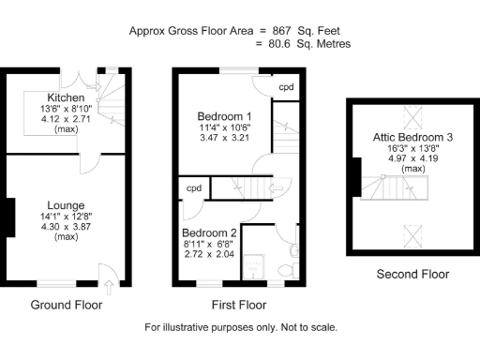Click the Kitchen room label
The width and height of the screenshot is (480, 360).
tap(67, 97)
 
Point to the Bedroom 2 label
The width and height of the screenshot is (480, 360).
tap(210, 232)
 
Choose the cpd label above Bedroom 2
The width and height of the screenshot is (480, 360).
tap(194, 187)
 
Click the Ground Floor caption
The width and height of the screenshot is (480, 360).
tap(67, 305)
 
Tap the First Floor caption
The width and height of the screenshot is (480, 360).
tap(235, 305)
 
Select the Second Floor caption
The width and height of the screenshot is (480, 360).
tap(412, 275)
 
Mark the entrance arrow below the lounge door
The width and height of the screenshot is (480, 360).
tap(112, 287)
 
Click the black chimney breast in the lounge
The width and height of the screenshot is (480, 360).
tap(8, 218)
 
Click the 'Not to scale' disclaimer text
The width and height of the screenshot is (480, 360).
tap(304, 328)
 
